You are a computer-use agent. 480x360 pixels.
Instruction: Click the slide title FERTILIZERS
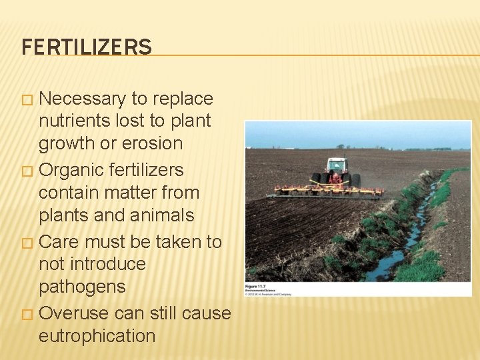[x=87, y=47]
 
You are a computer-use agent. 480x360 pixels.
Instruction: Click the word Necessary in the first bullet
[x=83, y=99]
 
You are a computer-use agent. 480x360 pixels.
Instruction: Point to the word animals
[x=162, y=215]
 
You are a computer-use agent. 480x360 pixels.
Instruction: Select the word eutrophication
[x=97, y=335]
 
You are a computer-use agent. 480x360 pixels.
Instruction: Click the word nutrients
[x=73, y=121]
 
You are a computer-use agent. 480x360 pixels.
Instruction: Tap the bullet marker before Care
[x=26, y=242]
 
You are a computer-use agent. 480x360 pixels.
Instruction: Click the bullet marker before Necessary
[x=26, y=99]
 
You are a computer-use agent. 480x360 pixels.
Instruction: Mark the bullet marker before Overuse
[x=26, y=313]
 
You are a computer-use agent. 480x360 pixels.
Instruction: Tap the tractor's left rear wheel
[x=316, y=180]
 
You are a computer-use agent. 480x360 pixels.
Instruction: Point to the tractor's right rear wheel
[x=356, y=180]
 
